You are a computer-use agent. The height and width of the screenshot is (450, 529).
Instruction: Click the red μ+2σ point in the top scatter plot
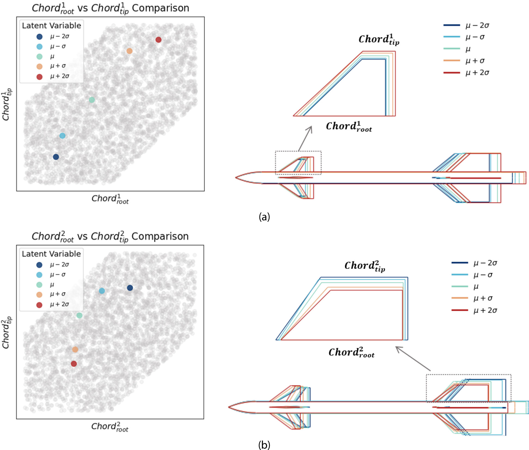pyautogui.click(x=158, y=40)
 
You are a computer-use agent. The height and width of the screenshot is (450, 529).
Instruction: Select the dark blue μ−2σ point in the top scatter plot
pyautogui.click(x=56, y=157)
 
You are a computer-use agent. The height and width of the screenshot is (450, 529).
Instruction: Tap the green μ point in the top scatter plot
pyautogui.click(x=92, y=100)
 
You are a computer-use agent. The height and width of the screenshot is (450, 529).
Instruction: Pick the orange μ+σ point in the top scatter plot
pyautogui.click(x=130, y=51)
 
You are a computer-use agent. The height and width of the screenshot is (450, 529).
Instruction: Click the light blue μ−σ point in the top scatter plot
pyautogui.click(x=62, y=136)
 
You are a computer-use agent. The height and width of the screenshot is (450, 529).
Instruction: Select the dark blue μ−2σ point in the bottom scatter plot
pyautogui.click(x=130, y=288)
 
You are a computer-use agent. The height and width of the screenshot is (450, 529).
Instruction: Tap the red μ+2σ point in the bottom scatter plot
pyautogui.click(x=74, y=364)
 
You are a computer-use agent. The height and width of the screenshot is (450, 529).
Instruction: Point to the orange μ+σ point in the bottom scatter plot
pyautogui.click(x=75, y=349)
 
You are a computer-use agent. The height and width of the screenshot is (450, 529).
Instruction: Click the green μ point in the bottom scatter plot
pyautogui.click(x=79, y=315)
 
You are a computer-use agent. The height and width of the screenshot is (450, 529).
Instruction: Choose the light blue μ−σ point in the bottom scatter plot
pyautogui.click(x=102, y=291)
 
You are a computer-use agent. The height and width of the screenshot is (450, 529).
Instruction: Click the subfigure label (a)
pyautogui.click(x=264, y=217)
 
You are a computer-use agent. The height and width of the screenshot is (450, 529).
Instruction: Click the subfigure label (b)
pyautogui.click(x=264, y=445)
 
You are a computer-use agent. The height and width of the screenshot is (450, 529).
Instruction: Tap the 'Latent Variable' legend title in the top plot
pyautogui.click(x=51, y=26)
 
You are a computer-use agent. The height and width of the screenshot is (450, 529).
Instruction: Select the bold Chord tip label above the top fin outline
pyautogui.click(x=379, y=40)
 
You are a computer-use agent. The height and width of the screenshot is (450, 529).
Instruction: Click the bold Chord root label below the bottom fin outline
pyautogui.click(x=351, y=353)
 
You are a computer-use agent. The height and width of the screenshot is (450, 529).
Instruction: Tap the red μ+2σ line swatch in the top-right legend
pyautogui.click(x=452, y=73)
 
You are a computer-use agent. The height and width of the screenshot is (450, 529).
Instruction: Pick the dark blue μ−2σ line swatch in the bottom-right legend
pyautogui.click(x=460, y=263)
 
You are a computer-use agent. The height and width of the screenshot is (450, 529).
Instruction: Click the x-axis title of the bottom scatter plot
pyautogui.click(x=110, y=427)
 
